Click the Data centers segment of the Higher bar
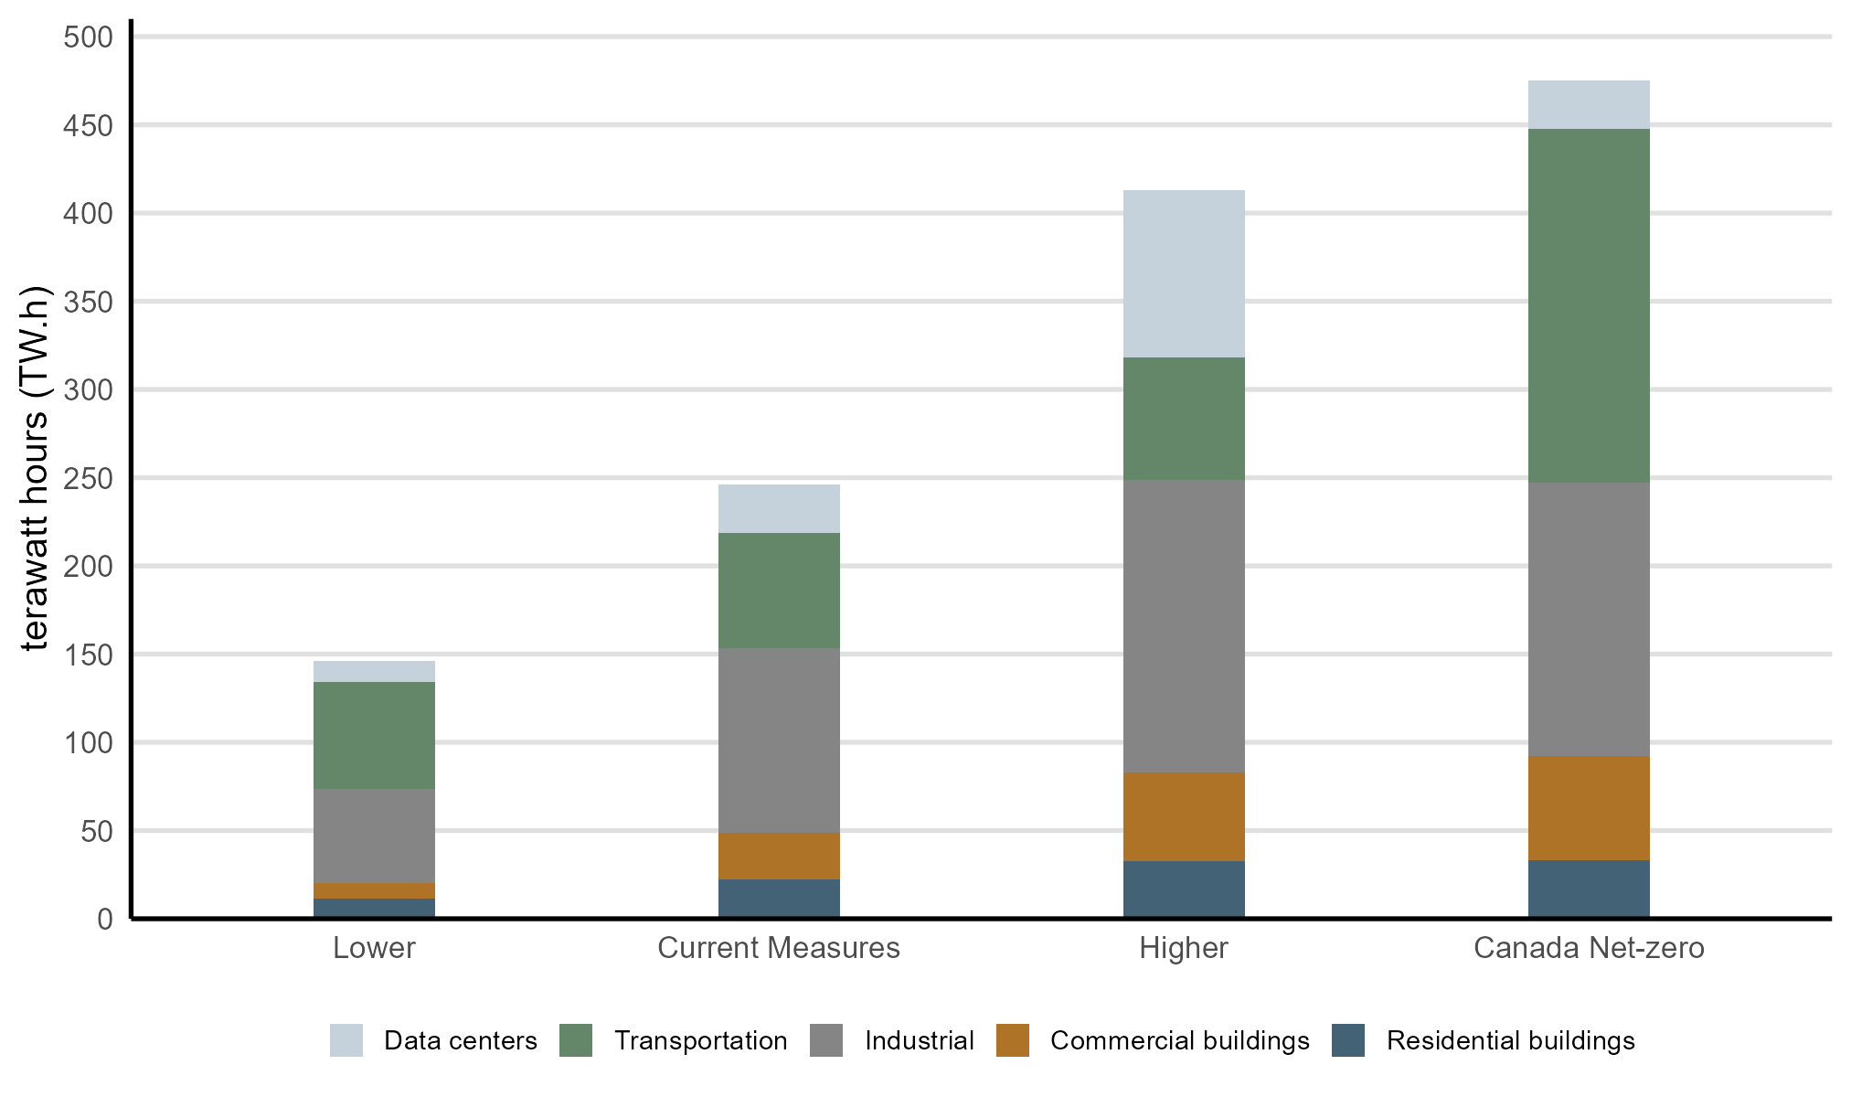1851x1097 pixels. pyautogui.click(x=1184, y=273)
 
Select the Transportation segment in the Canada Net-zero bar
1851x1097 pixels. pyautogui.click(x=1589, y=305)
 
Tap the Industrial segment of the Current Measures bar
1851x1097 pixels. pyautogui.click(x=779, y=740)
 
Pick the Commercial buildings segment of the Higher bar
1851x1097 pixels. pyautogui.click(x=1184, y=816)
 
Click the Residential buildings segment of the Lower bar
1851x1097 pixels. pyautogui.click(x=374, y=908)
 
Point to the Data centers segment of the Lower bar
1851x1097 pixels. pyautogui.click(x=374, y=671)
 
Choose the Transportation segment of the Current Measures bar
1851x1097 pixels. pyautogui.click(x=779, y=591)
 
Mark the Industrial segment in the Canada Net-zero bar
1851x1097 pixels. pyautogui.click(x=1589, y=619)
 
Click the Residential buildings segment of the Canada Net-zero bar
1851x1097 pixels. pyautogui.click(x=1589, y=889)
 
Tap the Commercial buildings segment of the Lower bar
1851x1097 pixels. pyautogui.click(x=374, y=890)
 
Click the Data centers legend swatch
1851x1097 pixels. pyautogui.click(x=346, y=1040)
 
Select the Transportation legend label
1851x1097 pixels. pyautogui.click(x=700, y=1040)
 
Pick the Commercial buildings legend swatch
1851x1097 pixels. pyautogui.click(x=1013, y=1040)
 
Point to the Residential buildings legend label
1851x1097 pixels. pyautogui.click(x=1510, y=1040)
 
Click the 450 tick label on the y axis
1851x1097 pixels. pyautogui.click(x=88, y=125)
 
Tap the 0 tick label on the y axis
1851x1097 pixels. pyautogui.click(x=105, y=919)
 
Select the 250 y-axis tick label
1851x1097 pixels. pyautogui.click(x=88, y=478)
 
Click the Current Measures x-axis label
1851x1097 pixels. pyautogui.click(x=779, y=948)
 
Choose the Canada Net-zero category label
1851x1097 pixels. pyautogui.click(x=1589, y=948)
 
